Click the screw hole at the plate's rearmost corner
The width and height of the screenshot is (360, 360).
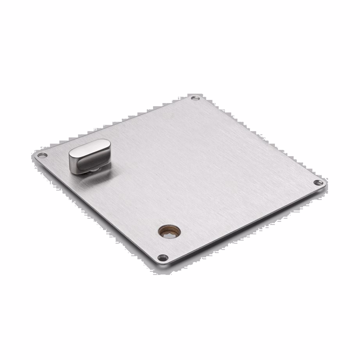(195, 98)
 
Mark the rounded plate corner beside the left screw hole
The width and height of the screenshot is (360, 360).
(36, 155)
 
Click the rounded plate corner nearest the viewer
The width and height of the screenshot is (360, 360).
(163, 265)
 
